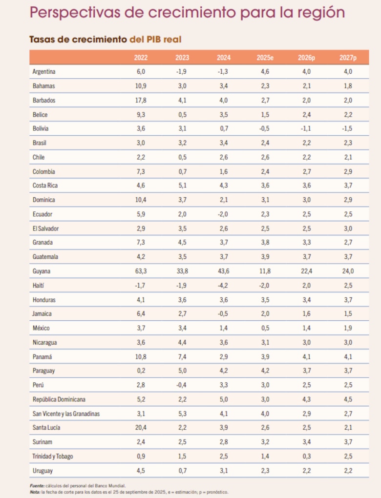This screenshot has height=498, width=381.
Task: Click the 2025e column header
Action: click(x=265, y=58)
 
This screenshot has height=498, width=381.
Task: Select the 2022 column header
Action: click(x=141, y=58)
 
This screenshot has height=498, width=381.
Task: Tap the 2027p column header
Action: click(x=348, y=58)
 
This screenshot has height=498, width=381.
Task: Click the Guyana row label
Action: click(x=42, y=271)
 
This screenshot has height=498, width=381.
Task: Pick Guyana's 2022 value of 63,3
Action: click(x=141, y=271)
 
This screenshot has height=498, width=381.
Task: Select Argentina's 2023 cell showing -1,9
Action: click(x=182, y=72)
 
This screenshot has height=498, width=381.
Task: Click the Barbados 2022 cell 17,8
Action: click(x=141, y=100)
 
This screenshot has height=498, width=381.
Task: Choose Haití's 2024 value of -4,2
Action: click(x=223, y=285)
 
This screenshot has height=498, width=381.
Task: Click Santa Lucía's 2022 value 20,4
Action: click(x=141, y=428)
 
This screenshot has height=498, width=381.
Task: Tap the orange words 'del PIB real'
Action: click(x=155, y=39)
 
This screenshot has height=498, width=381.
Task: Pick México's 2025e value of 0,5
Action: click(x=265, y=328)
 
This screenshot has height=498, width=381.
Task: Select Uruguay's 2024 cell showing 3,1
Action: click(x=223, y=471)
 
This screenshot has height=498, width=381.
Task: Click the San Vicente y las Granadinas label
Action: click(x=66, y=414)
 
